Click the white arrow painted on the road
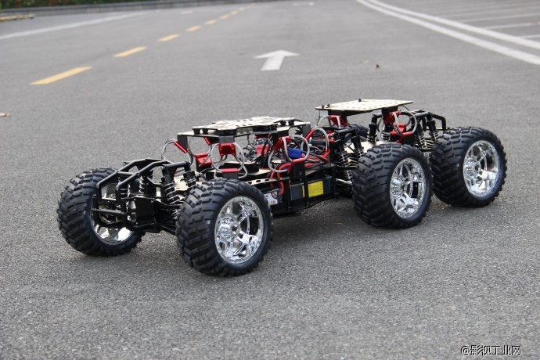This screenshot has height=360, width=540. click(275, 60)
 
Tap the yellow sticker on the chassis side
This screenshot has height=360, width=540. click(315, 189)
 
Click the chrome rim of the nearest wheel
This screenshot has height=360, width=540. click(239, 230)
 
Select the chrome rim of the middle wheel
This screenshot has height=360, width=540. click(408, 188)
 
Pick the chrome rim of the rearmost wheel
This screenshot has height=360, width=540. click(481, 169)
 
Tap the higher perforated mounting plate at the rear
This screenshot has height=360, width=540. click(364, 105)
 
